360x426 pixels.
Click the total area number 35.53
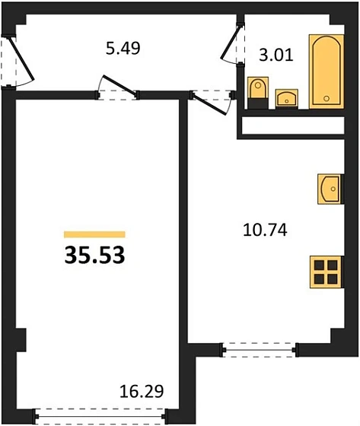pos(94,254)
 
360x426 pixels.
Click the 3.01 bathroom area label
pos(276,56)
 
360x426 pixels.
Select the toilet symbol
pos(256,90)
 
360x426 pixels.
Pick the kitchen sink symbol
pos(330,187)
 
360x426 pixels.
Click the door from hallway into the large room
pos(118,90)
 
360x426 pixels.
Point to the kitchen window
pos(259,351)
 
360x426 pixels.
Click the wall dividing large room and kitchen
pos(183,228)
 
